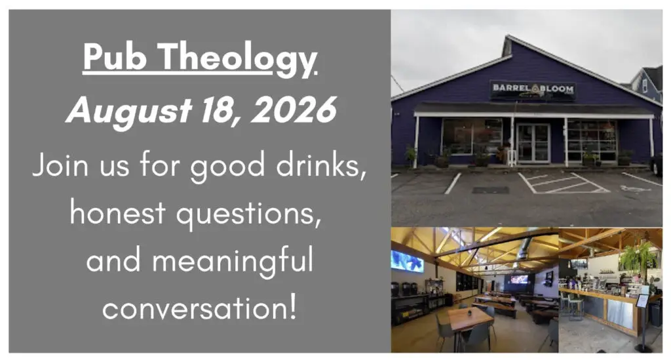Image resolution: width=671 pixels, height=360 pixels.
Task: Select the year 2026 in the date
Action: (x=294, y=110)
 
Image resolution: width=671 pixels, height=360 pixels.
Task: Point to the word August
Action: (x=129, y=112)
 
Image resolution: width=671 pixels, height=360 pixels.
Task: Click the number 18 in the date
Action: (x=219, y=111)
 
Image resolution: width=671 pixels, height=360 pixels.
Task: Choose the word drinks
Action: (x=320, y=165)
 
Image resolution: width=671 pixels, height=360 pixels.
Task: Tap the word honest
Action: (x=118, y=212)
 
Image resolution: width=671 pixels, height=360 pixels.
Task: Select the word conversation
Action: (x=199, y=308)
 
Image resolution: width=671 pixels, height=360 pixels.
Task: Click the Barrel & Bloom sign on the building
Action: (x=532, y=89)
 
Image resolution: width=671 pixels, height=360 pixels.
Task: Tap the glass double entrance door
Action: (x=533, y=143)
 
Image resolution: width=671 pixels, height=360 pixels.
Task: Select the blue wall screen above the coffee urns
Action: (x=406, y=261)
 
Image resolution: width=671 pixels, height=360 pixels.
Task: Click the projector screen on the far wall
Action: (x=519, y=279)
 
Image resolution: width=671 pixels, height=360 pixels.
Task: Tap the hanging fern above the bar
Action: (x=638, y=257)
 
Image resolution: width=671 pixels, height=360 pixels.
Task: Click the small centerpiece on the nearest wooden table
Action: (x=469, y=313)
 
